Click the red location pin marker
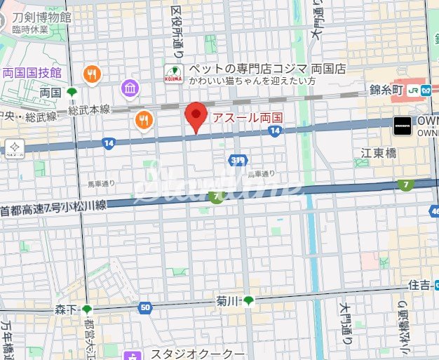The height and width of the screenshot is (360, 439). (196, 116)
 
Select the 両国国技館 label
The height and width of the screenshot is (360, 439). (32, 72)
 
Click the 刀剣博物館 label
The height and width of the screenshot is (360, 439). (41, 16)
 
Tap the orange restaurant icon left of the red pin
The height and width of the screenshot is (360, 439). (144, 120)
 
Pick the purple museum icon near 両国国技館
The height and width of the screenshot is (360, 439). (130, 88)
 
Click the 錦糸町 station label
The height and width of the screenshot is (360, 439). (388, 89)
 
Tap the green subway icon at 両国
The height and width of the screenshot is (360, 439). (71, 92)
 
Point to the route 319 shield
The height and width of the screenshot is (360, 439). (238, 161)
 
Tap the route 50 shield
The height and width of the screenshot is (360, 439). (145, 307)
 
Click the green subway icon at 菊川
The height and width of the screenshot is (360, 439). (248, 301)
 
